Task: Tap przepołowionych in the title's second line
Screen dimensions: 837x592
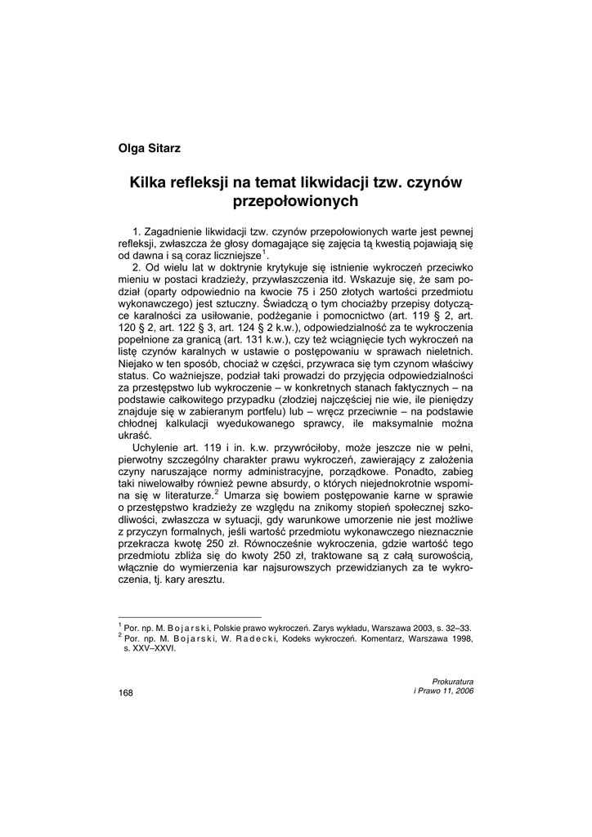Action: tap(296, 200)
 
